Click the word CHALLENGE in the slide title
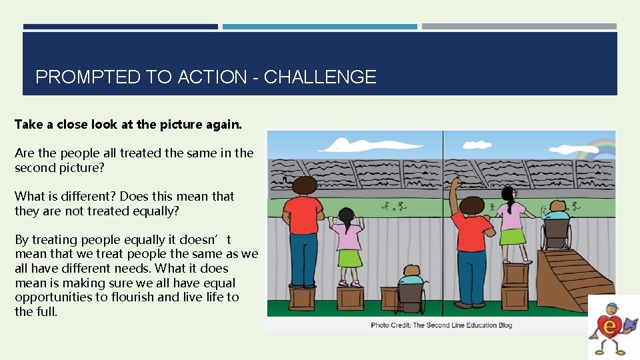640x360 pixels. click(320, 77)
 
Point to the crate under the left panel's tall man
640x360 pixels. click(301, 297)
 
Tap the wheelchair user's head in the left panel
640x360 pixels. click(411, 271)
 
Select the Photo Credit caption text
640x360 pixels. click(441, 325)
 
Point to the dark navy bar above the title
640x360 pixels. click(120, 27)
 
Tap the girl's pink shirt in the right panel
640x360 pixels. click(511, 216)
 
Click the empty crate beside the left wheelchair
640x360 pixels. click(350, 297)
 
